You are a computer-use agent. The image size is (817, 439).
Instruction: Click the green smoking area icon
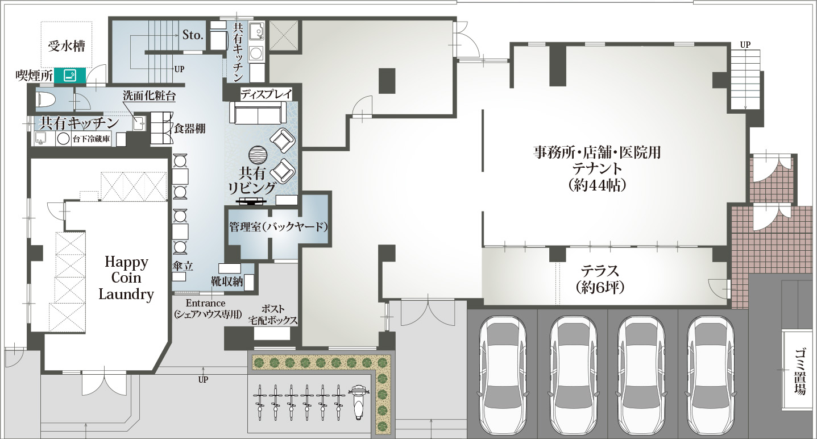click(x=70, y=76)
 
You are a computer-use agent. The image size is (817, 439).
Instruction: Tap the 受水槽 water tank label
click(x=67, y=46)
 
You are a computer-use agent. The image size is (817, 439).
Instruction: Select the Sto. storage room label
click(x=193, y=35)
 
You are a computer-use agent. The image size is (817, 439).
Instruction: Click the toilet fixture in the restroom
click(x=46, y=100)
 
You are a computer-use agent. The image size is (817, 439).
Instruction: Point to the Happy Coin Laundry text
click(x=126, y=278)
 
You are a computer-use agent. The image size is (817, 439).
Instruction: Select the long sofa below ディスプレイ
click(x=258, y=113)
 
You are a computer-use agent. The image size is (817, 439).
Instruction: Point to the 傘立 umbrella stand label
click(x=183, y=266)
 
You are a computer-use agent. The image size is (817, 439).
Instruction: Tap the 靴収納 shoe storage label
click(x=227, y=281)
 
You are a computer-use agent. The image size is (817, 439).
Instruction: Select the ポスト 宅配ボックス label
click(x=273, y=314)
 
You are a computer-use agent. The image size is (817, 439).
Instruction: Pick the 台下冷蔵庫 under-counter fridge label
click(x=92, y=139)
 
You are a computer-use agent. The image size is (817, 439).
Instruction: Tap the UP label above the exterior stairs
click(x=745, y=44)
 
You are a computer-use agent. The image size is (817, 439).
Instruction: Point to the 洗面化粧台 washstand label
click(x=149, y=96)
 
